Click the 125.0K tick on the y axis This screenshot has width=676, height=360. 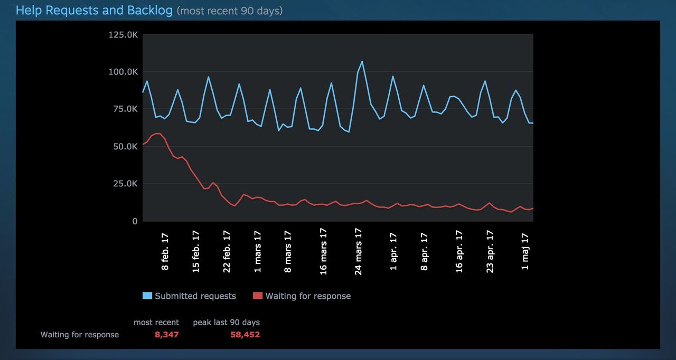click(123, 34)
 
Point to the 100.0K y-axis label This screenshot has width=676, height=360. click(123, 72)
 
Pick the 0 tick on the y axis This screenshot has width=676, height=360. click(135, 221)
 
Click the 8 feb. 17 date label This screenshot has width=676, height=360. click(165, 251)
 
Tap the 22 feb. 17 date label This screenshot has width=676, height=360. click(227, 251)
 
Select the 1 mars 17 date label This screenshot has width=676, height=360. click(258, 251)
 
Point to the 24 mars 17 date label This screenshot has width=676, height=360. click(359, 251)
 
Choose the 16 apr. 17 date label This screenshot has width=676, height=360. click(459, 251)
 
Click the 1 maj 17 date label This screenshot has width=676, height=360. click(525, 251)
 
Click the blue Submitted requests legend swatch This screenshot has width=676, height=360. click(147, 296)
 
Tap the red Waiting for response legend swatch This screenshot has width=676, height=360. click(258, 296)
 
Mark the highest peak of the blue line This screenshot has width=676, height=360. click(362, 61)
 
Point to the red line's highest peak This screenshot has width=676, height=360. click(157, 134)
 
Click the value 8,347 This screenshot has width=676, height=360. click(166, 335)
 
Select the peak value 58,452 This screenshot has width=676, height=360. click(245, 335)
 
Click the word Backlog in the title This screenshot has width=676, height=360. click(149, 10)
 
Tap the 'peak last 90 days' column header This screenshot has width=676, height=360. click(226, 322)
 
